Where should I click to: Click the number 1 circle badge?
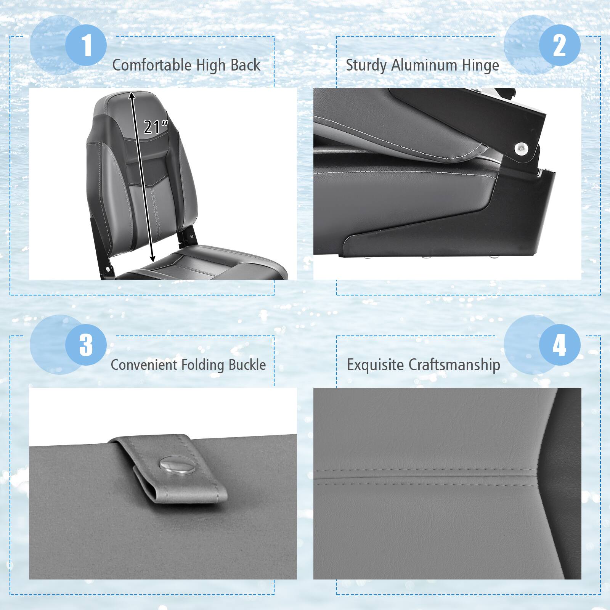(86, 45)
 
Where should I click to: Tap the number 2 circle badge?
(559, 45)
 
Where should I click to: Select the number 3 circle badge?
(86, 345)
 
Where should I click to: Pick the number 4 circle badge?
(559, 345)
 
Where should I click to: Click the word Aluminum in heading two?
(423, 65)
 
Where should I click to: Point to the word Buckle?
(247, 365)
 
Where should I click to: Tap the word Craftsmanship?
(454, 365)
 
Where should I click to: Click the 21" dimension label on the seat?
(156, 127)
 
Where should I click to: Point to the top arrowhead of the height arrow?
(132, 94)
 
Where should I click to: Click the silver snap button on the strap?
(172, 465)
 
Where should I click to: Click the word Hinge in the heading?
(480, 65)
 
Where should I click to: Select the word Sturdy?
(366, 65)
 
